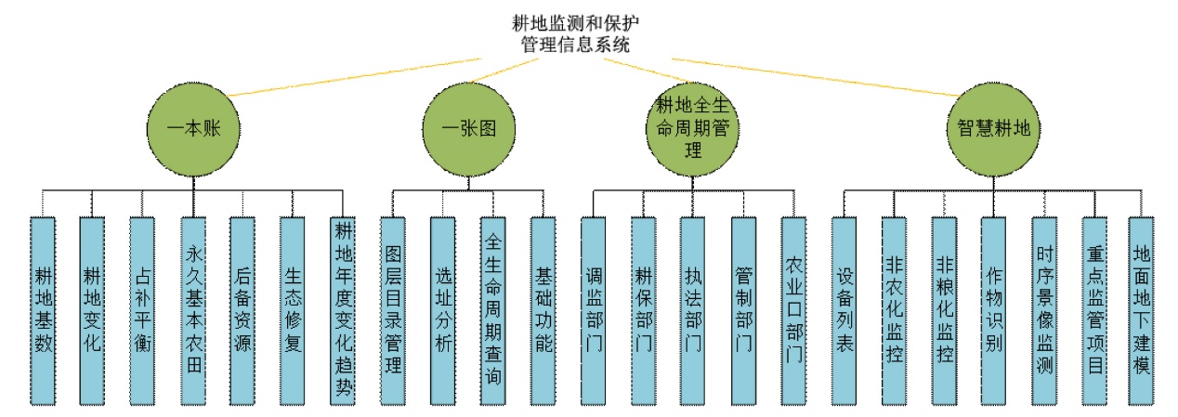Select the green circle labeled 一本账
[195, 128]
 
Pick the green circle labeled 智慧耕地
[994, 128]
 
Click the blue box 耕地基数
[43, 311]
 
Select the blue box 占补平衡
[143, 311]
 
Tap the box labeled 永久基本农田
[193, 311]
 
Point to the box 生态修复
[294, 311]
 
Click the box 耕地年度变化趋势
[344, 311]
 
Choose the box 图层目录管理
[393, 311]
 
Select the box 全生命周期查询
[493, 311]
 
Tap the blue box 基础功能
[543, 311]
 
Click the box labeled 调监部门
[594, 311]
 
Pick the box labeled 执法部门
[693, 311]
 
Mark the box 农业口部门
[793, 311]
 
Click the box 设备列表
[844, 311]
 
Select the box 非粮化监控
[944, 311]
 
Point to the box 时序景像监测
[1044, 311]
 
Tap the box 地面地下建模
[1141, 311]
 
